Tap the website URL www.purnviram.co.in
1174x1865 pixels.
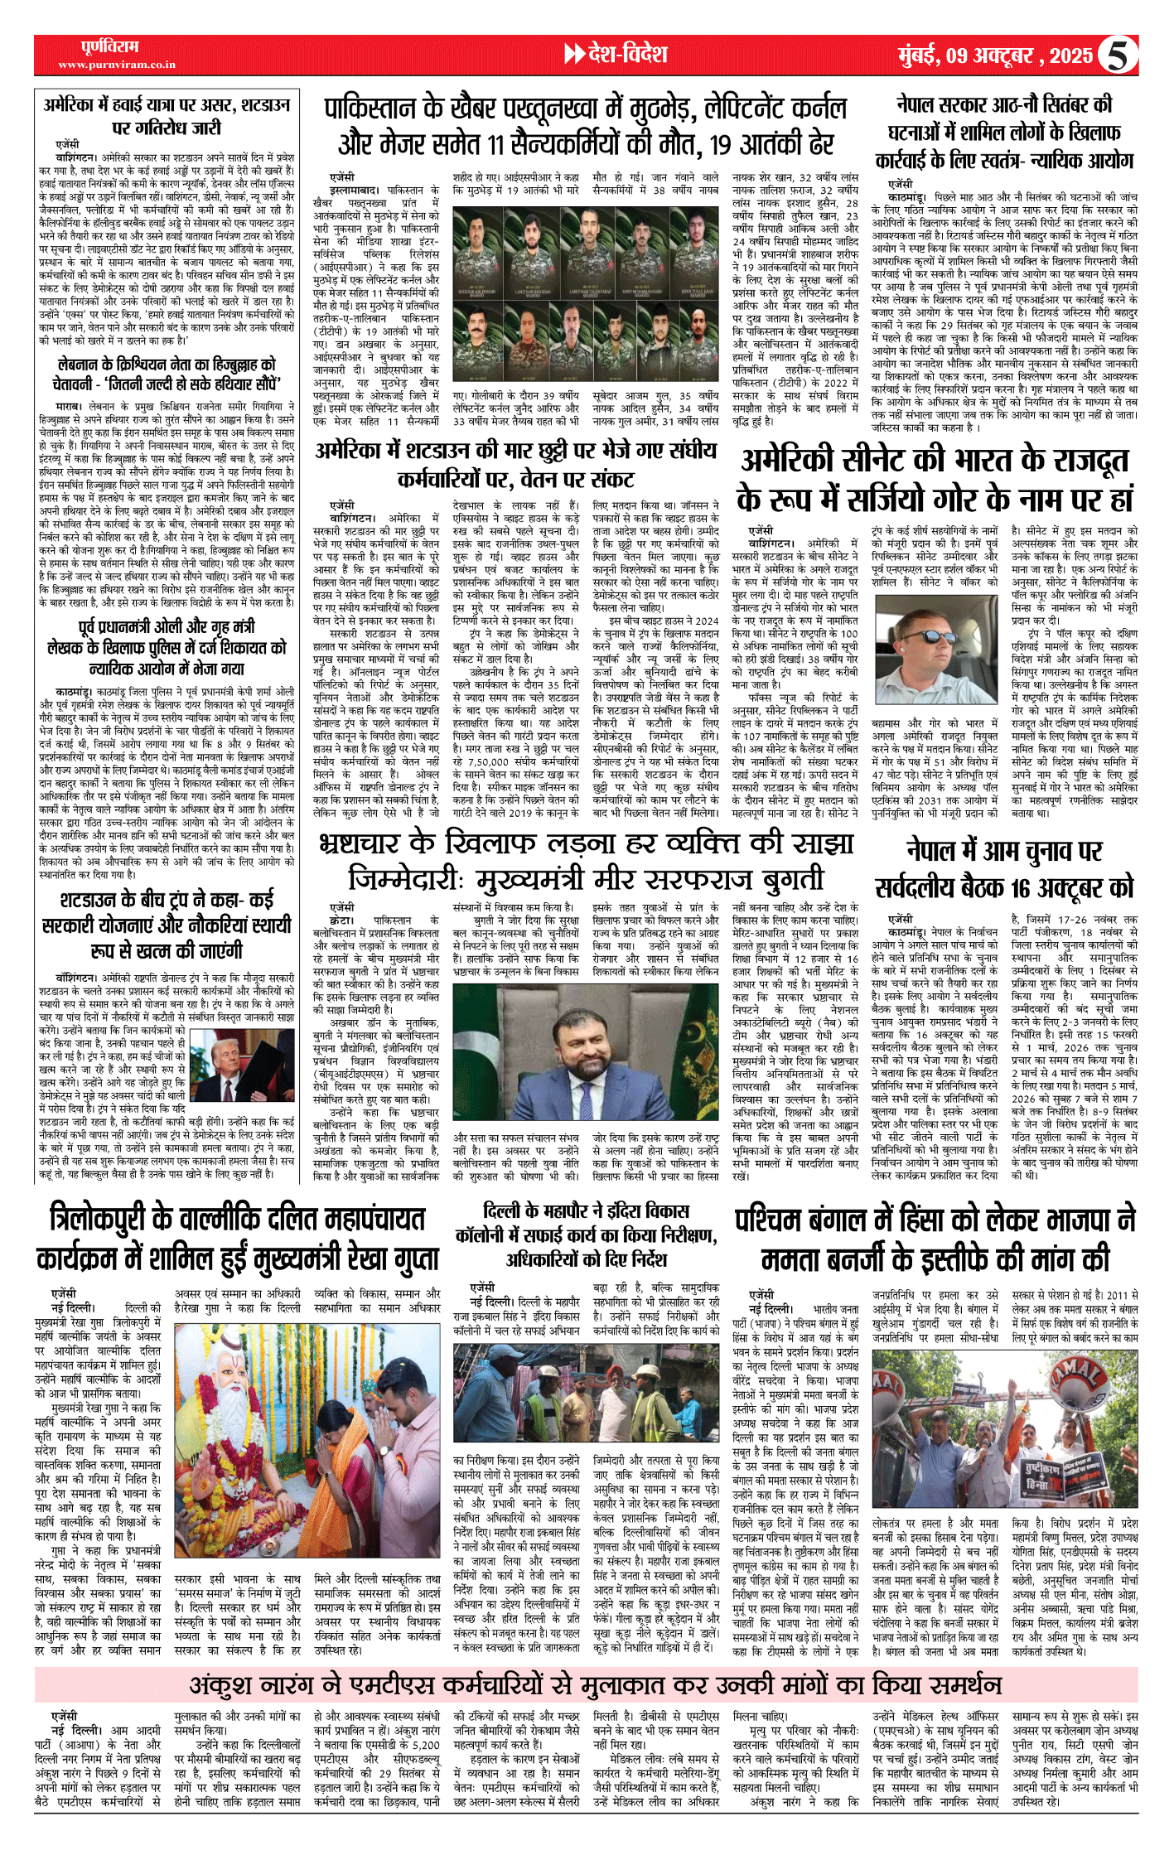tap(117, 65)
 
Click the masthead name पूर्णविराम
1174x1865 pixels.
tap(110, 47)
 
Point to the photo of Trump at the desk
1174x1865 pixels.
tap(242, 1065)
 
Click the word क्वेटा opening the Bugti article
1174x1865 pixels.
tap(342, 920)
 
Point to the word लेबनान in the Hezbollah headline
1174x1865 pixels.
tap(80, 365)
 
